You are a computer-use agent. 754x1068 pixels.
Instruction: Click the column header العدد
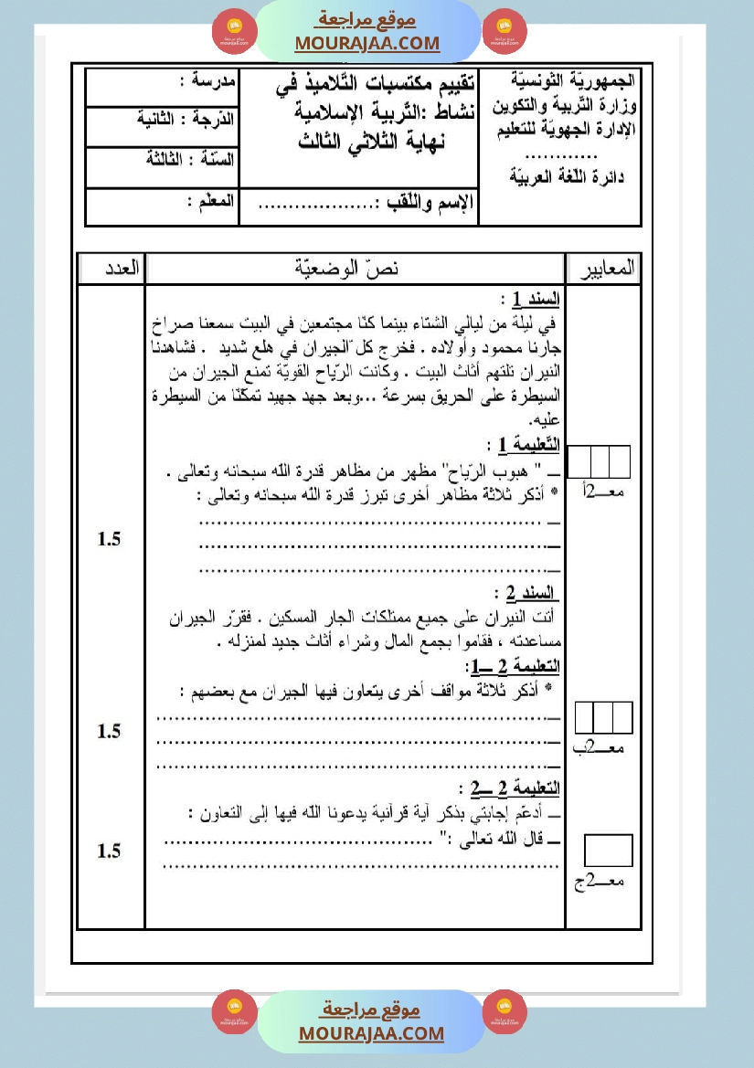112,269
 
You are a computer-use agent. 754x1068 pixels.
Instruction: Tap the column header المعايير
603,269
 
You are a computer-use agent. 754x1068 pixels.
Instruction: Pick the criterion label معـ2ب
603,749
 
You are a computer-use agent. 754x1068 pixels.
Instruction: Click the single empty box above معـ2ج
608,850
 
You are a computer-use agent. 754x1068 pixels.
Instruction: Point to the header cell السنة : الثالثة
191,158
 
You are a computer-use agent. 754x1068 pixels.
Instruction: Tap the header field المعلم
211,200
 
